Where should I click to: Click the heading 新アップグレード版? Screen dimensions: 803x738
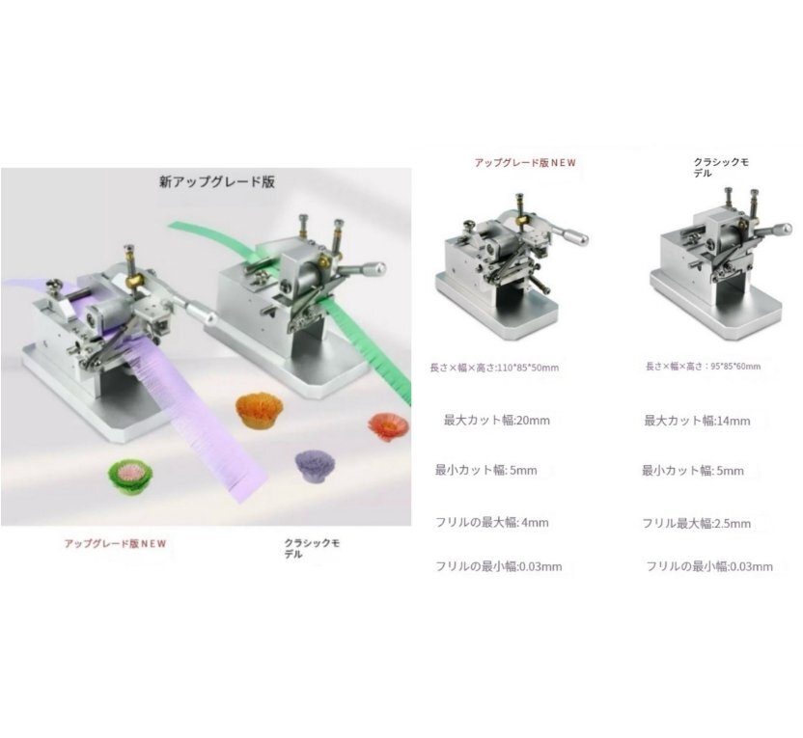[217, 181]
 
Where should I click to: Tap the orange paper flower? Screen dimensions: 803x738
[259, 410]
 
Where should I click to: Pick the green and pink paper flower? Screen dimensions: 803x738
[131, 477]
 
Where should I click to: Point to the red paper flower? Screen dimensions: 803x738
[389, 426]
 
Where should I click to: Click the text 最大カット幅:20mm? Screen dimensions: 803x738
[497, 421]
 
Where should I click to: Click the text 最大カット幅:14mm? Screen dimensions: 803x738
[697, 422]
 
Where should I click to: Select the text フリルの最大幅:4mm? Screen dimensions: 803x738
[491, 523]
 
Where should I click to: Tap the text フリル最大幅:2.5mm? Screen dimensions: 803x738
[697, 524]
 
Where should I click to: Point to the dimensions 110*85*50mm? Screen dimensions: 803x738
[528, 368]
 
